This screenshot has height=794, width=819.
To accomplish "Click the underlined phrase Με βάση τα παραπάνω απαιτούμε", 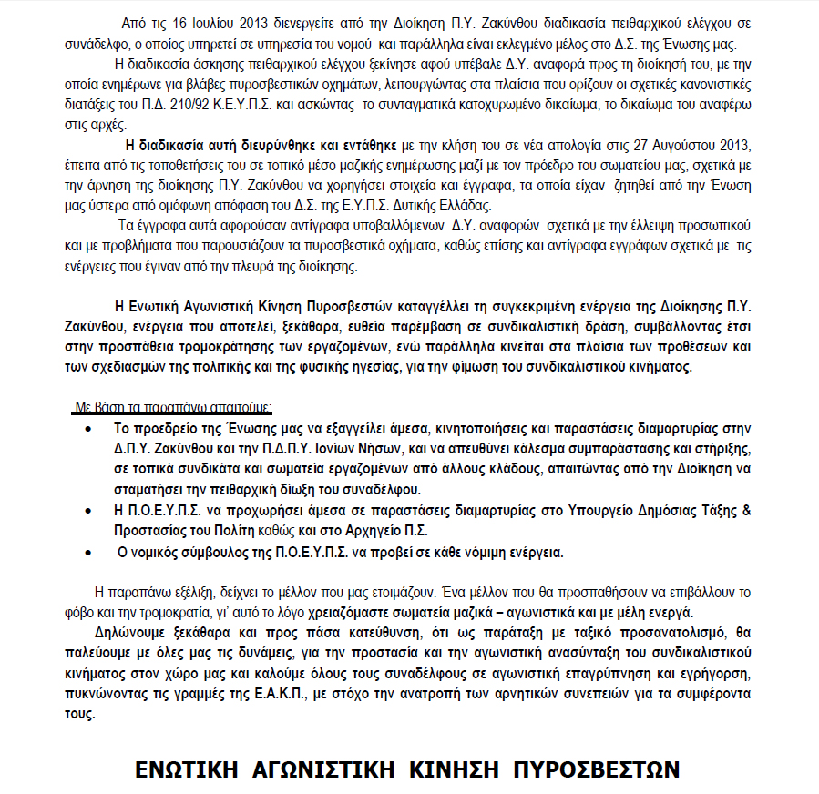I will click(174, 406).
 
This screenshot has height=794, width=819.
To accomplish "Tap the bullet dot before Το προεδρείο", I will click(87, 426).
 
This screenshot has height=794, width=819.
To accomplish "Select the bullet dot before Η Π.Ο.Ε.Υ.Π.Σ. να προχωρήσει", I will click(87, 511).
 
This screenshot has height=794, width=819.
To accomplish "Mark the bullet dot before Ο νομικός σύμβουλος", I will click(87, 553).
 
